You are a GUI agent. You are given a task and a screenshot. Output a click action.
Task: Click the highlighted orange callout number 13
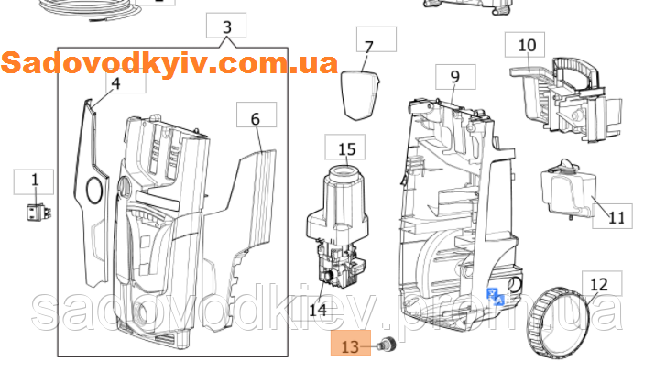[350, 346]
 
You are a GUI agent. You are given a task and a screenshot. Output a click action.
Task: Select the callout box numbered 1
[36, 181]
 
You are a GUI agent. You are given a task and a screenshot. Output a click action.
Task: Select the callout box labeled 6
[256, 117]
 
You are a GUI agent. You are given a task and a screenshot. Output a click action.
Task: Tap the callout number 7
[369, 46]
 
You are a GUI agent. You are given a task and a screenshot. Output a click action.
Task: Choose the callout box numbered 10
[526, 44]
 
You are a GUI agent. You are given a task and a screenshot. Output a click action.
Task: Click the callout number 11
[616, 218]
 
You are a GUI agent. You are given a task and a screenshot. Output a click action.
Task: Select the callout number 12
[597, 283]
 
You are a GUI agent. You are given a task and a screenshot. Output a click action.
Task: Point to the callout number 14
[318, 310]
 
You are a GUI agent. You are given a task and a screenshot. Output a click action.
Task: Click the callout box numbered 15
[346, 148]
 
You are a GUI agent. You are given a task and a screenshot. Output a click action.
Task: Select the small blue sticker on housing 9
[495, 293]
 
